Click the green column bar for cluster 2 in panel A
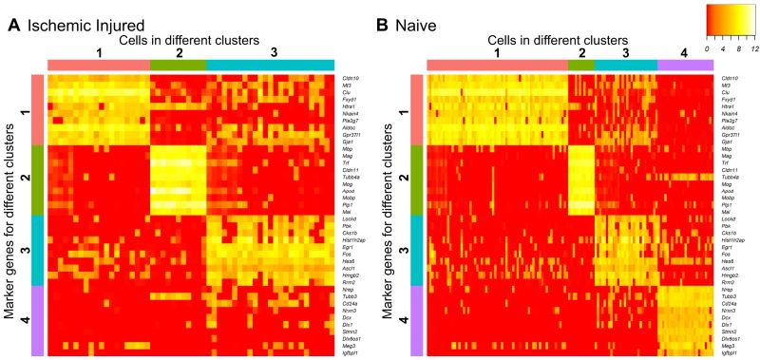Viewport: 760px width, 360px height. click(178, 63)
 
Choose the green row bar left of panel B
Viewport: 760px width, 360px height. click(415, 180)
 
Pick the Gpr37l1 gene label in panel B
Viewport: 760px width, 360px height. click(731, 132)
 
